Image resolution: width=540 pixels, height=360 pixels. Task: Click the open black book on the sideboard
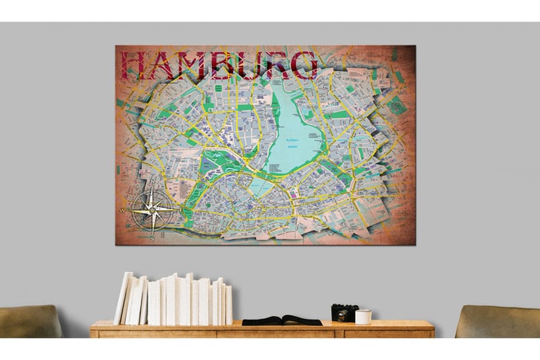282,319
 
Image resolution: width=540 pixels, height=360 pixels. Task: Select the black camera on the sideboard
344,313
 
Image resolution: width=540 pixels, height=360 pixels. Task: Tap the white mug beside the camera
363,316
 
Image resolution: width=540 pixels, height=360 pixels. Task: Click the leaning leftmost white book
124,298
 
